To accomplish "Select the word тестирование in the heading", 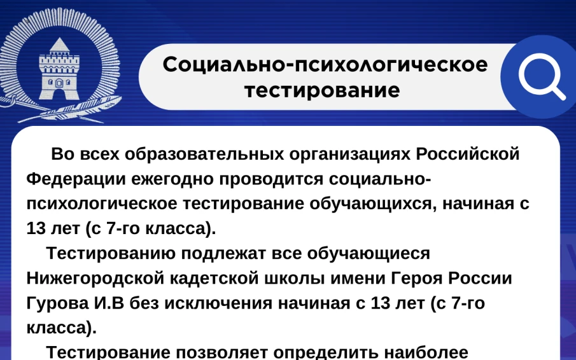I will tap(323, 90).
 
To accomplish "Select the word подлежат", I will tap(225, 253).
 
